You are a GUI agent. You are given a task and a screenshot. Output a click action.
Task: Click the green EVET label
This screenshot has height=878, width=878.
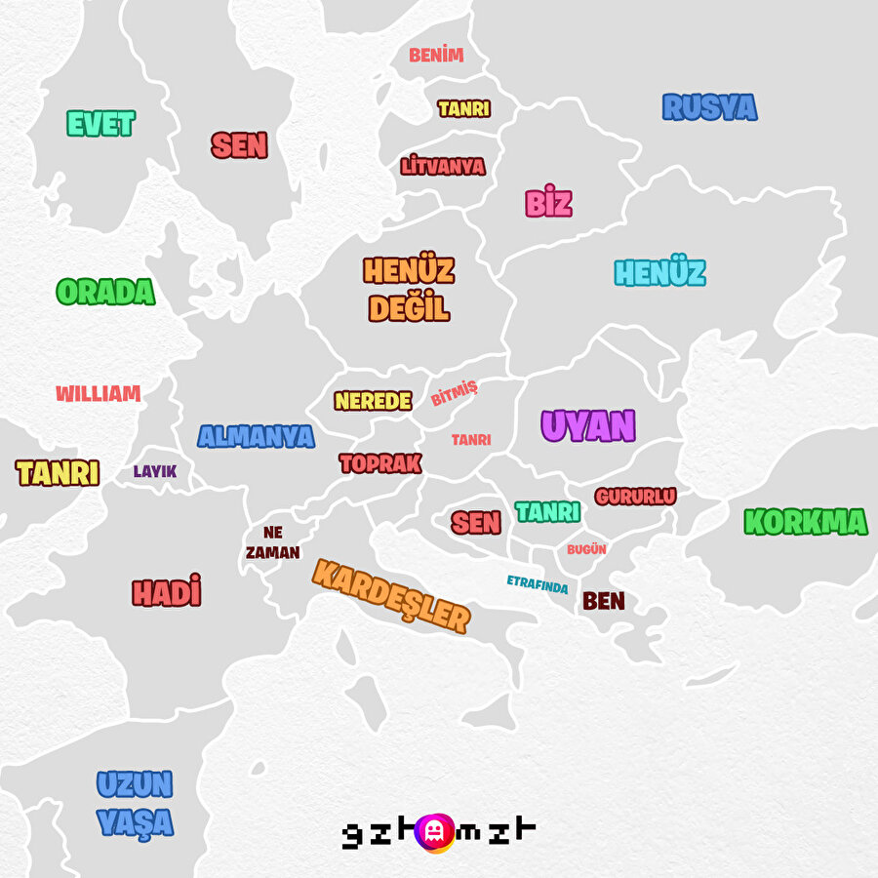pos(100,124)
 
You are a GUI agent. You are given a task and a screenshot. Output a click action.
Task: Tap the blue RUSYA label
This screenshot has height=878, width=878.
pos(709,107)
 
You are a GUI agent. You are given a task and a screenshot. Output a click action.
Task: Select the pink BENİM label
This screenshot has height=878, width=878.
pos(436,56)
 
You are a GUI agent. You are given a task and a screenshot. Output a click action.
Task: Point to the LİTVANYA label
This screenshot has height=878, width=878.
pos(443,166)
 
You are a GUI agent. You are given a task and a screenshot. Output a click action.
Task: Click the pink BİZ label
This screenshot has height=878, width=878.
pos(548,203)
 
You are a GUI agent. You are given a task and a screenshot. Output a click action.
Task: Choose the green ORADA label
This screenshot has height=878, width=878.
pos(105,292)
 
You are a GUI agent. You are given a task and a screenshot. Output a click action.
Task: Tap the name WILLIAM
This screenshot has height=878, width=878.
pos(98,394)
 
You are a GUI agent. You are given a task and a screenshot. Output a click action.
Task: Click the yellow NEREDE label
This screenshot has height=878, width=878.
pos(373,401)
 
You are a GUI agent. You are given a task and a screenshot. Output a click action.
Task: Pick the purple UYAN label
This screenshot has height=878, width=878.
pos(588,426)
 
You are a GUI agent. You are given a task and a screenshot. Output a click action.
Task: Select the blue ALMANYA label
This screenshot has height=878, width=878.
pos(256,436)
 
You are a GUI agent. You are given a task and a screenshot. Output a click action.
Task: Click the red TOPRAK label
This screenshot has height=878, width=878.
pos(380,463)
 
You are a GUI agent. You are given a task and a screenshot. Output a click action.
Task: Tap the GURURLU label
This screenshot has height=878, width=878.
pos(635,497)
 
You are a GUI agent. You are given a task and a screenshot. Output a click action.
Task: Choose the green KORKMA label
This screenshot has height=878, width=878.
pos(805,522)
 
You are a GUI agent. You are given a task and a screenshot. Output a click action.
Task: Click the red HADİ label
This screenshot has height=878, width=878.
pos(167,591)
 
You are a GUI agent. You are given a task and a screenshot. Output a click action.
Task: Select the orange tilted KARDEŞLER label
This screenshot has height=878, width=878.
pos(391,595)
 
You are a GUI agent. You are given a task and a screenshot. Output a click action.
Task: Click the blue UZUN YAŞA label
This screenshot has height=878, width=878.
pos(135,803)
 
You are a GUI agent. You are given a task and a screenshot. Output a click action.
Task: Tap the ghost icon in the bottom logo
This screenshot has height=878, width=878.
pos(434,831)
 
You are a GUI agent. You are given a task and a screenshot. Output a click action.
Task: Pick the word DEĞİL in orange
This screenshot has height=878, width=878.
pos(409,308)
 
